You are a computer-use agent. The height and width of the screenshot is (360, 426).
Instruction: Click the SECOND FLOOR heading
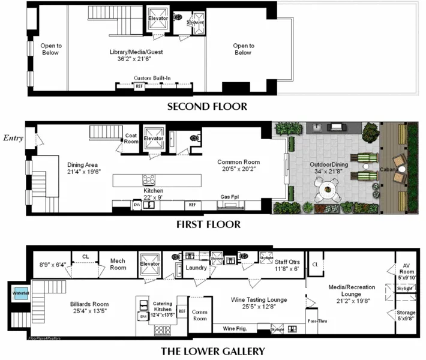[207, 107]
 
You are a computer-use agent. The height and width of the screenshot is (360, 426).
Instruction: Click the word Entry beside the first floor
[13, 138]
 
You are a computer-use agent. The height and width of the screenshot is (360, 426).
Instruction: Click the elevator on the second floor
[158, 19]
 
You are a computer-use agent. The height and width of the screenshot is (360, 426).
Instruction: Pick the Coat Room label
[131, 139]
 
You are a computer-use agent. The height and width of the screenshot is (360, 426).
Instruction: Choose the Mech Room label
[118, 265]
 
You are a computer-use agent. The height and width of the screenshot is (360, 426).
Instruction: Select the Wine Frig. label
[235, 328]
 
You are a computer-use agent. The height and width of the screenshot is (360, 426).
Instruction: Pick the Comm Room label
[199, 316]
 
